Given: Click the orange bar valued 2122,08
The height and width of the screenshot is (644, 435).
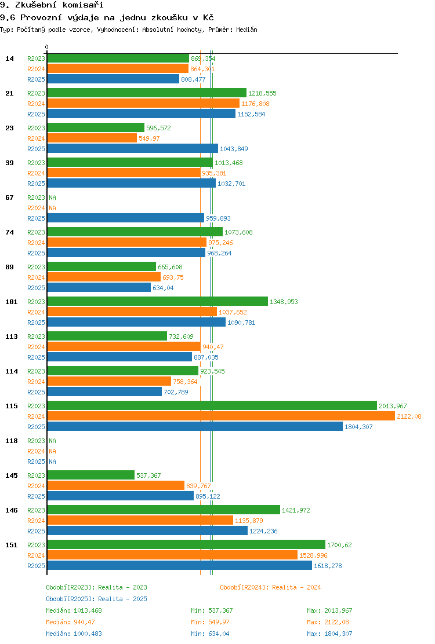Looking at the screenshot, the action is pyautogui.click(x=221, y=416).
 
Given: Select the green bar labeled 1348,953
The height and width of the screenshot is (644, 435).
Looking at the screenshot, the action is pyautogui.click(x=158, y=302).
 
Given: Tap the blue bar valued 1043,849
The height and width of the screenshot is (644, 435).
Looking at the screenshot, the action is pyautogui.click(x=133, y=149).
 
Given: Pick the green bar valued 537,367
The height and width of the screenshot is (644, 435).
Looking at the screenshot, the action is pyautogui.click(x=91, y=475).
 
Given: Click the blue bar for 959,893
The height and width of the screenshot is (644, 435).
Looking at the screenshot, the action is pyautogui.click(x=126, y=218).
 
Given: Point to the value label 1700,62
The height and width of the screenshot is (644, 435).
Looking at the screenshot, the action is pyautogui.click(x=340, y=545).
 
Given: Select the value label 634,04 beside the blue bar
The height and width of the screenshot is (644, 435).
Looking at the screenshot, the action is pyautogui.click(x=163, y=288).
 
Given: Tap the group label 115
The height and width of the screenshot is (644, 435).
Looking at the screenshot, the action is pyautogui.click(x=12, y=406).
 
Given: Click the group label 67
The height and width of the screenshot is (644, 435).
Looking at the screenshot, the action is pyautogui.click(x=9, y=197).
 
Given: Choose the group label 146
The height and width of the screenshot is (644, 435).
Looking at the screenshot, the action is pyautogui.click(x=12, y=510).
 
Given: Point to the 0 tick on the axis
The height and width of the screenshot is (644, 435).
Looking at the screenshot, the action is pyautogui.click(x=46, y=47).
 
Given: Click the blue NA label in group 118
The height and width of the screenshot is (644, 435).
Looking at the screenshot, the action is pyautogui.click(x=53, y=462).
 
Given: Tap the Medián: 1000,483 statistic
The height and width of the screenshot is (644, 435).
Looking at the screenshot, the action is pyautogui.click(x=74, y=634).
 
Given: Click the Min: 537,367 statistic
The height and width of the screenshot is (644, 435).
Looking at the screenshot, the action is pyautogui.click(x=212, y=611).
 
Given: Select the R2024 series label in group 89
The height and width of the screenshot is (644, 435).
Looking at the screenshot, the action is pyautogui.click(x=36, y=277).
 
